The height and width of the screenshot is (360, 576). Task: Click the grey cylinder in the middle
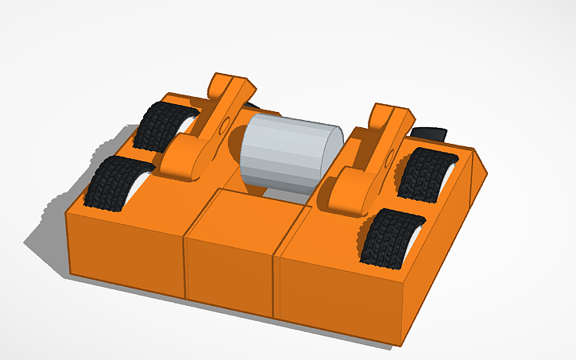coord(290,155)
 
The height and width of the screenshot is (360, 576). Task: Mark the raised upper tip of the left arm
coord(226,83)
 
